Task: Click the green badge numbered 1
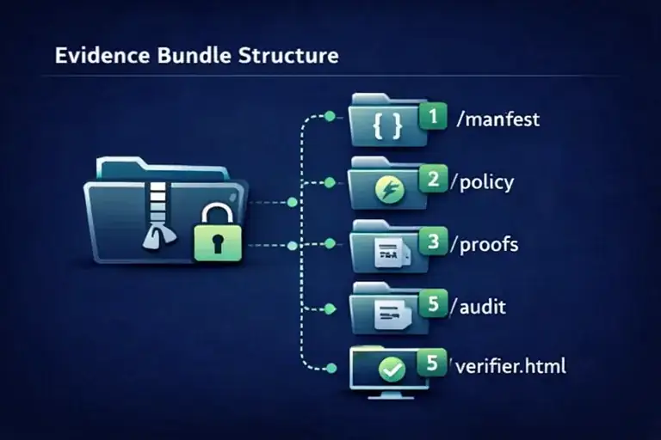(x=433, y=116)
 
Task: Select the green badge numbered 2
(x=433, y=179)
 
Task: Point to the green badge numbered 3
(x=433, y=241)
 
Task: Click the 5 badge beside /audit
(x=433, y=302)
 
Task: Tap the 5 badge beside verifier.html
(x=433, y=364)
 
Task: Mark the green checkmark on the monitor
(x=392, y=370)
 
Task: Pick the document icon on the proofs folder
(x=388, y=252)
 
